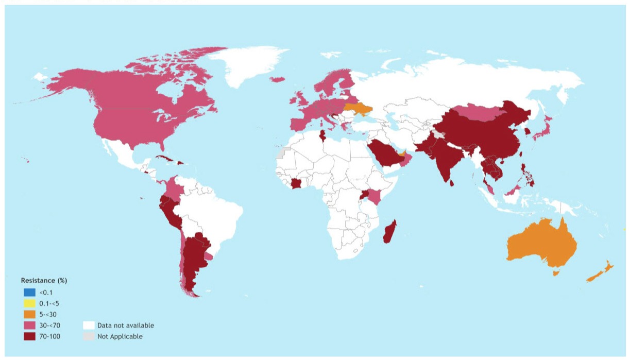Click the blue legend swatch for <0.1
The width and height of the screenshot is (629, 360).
point(29,292)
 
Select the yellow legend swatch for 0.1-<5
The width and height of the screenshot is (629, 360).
point(29,303)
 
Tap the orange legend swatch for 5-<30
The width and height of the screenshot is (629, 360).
point(29,314)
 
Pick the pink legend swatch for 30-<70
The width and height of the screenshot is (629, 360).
point(29,325)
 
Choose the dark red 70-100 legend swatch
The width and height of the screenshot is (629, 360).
point(29,336)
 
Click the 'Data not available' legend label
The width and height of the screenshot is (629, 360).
point(125,325)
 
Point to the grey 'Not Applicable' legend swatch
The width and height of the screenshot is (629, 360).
point(89,336)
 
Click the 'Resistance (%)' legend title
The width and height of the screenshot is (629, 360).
point(44,281)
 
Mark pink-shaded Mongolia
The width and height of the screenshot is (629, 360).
point(477,113)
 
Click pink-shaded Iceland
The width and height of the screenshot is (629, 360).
point(277,79)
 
